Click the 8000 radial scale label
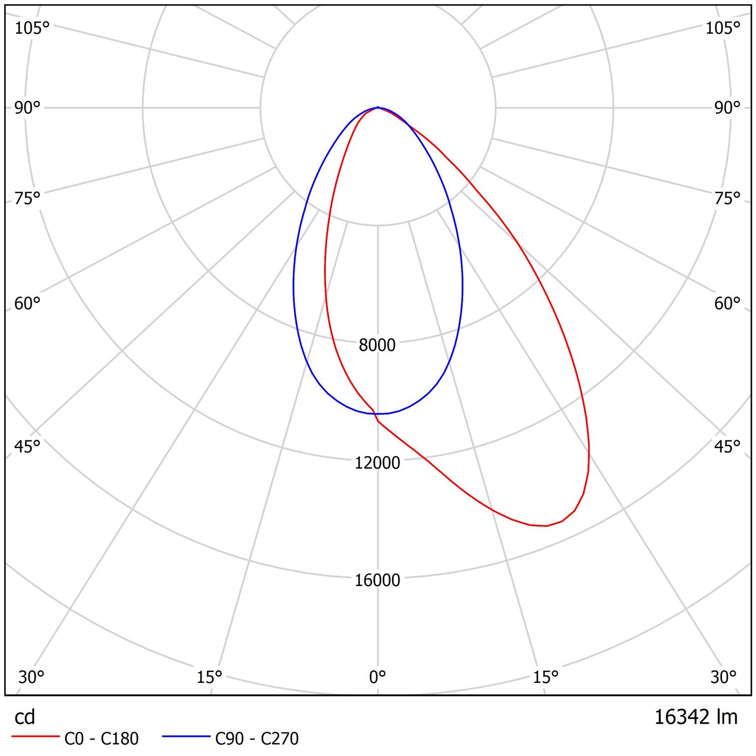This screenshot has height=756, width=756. tap(377, 345)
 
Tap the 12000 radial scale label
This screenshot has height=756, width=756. tap(377, 463)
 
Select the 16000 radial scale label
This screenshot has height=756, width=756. tap(377, 580)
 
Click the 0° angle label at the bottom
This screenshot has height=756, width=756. tap(377, 677)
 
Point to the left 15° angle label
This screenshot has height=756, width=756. tap(210, 677)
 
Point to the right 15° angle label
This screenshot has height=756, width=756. tap(546, 677)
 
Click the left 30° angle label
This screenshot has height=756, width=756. tap(31, 677)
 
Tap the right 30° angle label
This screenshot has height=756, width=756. tap(724, 677)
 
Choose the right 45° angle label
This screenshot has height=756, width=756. tap(727, 447)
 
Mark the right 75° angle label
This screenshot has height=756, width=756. tap(727, 198)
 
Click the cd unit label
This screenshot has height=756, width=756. tap(25, 717)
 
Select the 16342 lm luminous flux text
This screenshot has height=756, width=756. tap(696, 717)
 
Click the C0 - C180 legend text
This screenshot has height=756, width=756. tap(101, 739)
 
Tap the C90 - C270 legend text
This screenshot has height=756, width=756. tap(257, 739)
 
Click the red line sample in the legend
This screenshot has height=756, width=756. tap(35, 737)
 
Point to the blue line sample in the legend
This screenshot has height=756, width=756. tap(186, 737)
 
